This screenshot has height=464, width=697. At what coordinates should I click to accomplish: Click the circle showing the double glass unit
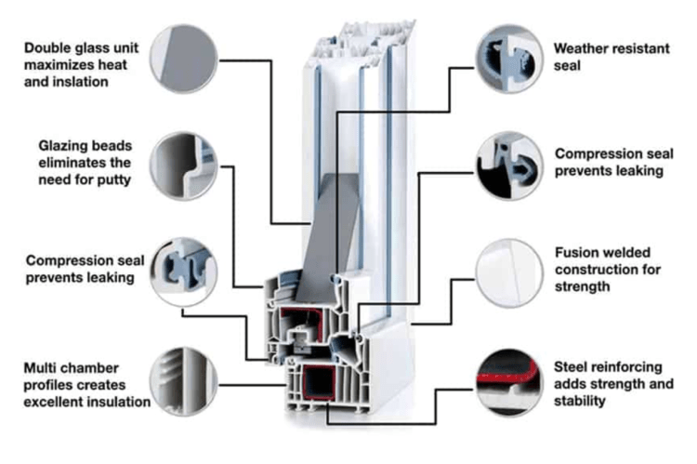point(184,58)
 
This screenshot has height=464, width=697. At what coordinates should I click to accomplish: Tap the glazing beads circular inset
point(184,166)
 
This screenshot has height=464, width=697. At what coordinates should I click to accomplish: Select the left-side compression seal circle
point(184,272)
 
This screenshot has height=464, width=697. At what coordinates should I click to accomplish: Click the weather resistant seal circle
point(508,58)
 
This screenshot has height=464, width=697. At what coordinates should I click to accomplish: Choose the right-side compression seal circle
point(508,166)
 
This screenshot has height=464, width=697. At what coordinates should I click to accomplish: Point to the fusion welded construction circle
point(508,272)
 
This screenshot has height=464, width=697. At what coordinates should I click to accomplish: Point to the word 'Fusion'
point(576,252)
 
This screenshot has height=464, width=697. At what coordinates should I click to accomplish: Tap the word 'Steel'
point(572,366)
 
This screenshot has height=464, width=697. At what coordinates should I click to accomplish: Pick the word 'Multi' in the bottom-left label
point(45,366)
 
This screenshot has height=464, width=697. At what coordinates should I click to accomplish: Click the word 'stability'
point(581,401)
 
